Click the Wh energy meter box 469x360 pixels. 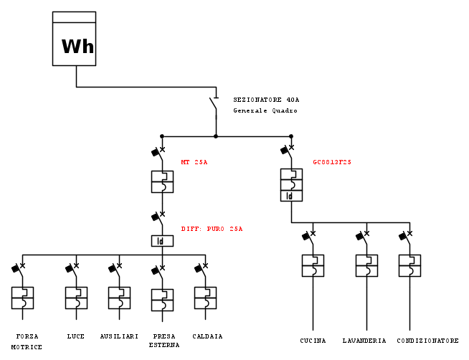tap(75, 39)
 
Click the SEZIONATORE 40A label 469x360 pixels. tap(266, 100)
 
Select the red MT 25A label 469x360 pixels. tap(194, 162)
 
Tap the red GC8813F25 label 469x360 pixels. tap(332, 162)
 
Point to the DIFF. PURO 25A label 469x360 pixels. tap(212, 229)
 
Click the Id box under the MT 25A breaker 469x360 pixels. tap(162, 241)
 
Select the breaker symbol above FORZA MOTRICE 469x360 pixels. tap(22, 298)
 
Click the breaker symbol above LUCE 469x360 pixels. tap(76, 298)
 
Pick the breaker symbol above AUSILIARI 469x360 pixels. tap(119, 298)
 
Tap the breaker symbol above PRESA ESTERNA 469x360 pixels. tap(162, 300)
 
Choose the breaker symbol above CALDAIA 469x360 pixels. tap(205, 298)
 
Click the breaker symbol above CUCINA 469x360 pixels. tap(313, 265)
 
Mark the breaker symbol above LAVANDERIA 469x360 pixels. tap(366, 265)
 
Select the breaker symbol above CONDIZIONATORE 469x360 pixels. tap(409, 265)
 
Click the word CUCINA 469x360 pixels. tap(313, 341)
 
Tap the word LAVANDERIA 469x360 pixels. tap(364, 341)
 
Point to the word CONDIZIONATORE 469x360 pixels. tap(427, 341)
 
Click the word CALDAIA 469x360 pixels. tap(207, 336)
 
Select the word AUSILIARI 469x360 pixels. tap(119, 336)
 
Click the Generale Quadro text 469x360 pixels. tap(265, 111)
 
